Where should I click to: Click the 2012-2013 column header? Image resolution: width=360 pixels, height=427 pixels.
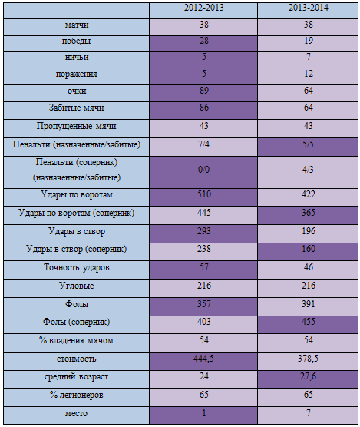point(204,8)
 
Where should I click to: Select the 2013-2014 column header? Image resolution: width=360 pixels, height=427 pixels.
point(309,8)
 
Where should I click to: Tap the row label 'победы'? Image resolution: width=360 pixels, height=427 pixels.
point(76,41)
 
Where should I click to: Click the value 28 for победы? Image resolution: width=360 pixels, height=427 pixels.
point(204,41)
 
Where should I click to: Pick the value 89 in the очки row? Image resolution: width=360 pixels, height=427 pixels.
point(204,91)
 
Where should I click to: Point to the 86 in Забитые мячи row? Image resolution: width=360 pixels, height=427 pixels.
point(204,108)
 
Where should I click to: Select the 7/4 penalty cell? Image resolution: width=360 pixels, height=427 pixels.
point(204,144)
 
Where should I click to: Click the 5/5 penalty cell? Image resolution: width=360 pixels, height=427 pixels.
point(309,144)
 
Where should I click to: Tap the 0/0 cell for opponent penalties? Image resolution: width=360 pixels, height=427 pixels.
point(204,170)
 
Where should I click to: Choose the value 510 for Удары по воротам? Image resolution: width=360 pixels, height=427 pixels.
point(204,194)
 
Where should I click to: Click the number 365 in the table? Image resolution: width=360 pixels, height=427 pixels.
point(309,213)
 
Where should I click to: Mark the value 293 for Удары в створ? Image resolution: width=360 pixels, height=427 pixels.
point(204,231)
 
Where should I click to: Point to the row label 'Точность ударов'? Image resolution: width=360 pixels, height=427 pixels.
point(77,268)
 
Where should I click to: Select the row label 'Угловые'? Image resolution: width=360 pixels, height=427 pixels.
point(77,286)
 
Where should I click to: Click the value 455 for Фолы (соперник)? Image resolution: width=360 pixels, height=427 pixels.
point(309,322)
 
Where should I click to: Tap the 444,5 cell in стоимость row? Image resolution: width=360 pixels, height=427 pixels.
point(203,359)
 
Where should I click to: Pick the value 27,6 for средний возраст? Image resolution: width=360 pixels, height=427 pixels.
point(309,376)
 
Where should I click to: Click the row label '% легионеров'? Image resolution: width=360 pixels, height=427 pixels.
point(77,395)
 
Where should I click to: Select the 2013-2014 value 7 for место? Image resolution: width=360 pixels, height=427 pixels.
point(309,413)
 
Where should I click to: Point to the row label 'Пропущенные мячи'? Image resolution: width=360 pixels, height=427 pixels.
point(77,127)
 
